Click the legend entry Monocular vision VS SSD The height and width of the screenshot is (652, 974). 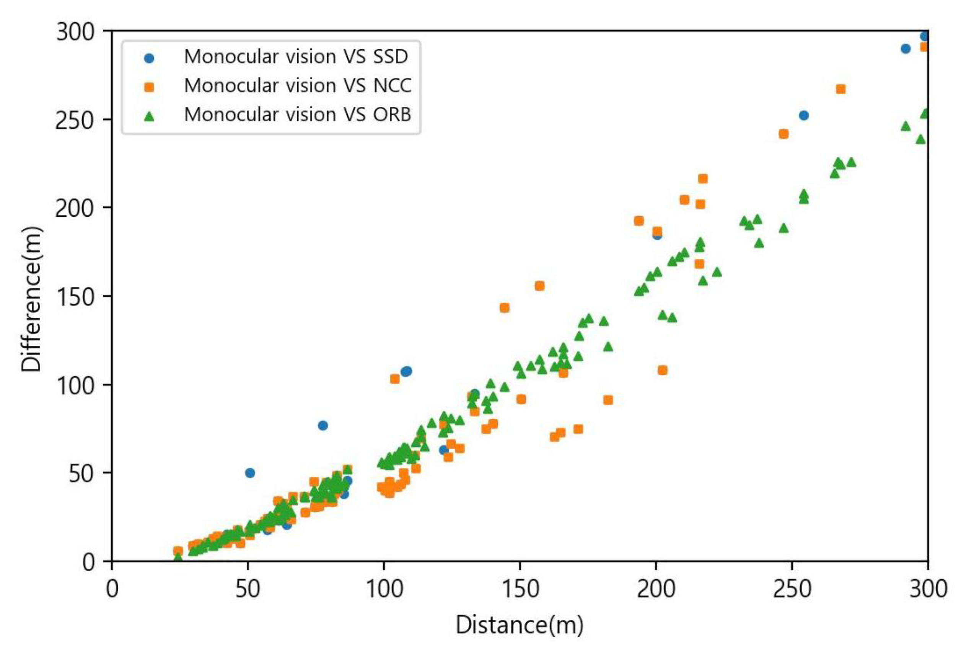coord(296,57)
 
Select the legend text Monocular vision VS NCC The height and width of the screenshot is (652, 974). coord(298,86)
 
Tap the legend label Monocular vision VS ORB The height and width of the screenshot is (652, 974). coord(298,114)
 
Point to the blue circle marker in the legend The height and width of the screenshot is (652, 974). coord(149,59)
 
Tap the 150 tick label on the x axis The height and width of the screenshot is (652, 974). coord(520,589)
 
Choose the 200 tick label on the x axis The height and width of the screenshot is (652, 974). coord(656,589)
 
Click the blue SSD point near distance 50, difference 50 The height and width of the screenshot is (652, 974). coord(250,473)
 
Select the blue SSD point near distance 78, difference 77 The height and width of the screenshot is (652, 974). coord(323,425)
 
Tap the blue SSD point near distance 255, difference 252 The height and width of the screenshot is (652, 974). coord(804,116)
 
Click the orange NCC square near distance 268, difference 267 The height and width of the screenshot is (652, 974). coord(840,89)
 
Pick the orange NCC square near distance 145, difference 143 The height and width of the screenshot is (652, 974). coord(505,308)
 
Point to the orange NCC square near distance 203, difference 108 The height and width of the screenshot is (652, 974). coord(663,370)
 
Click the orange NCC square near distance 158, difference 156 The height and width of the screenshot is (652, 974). coord(540,286)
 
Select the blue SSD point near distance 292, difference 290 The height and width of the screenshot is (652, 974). coord(906,49)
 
